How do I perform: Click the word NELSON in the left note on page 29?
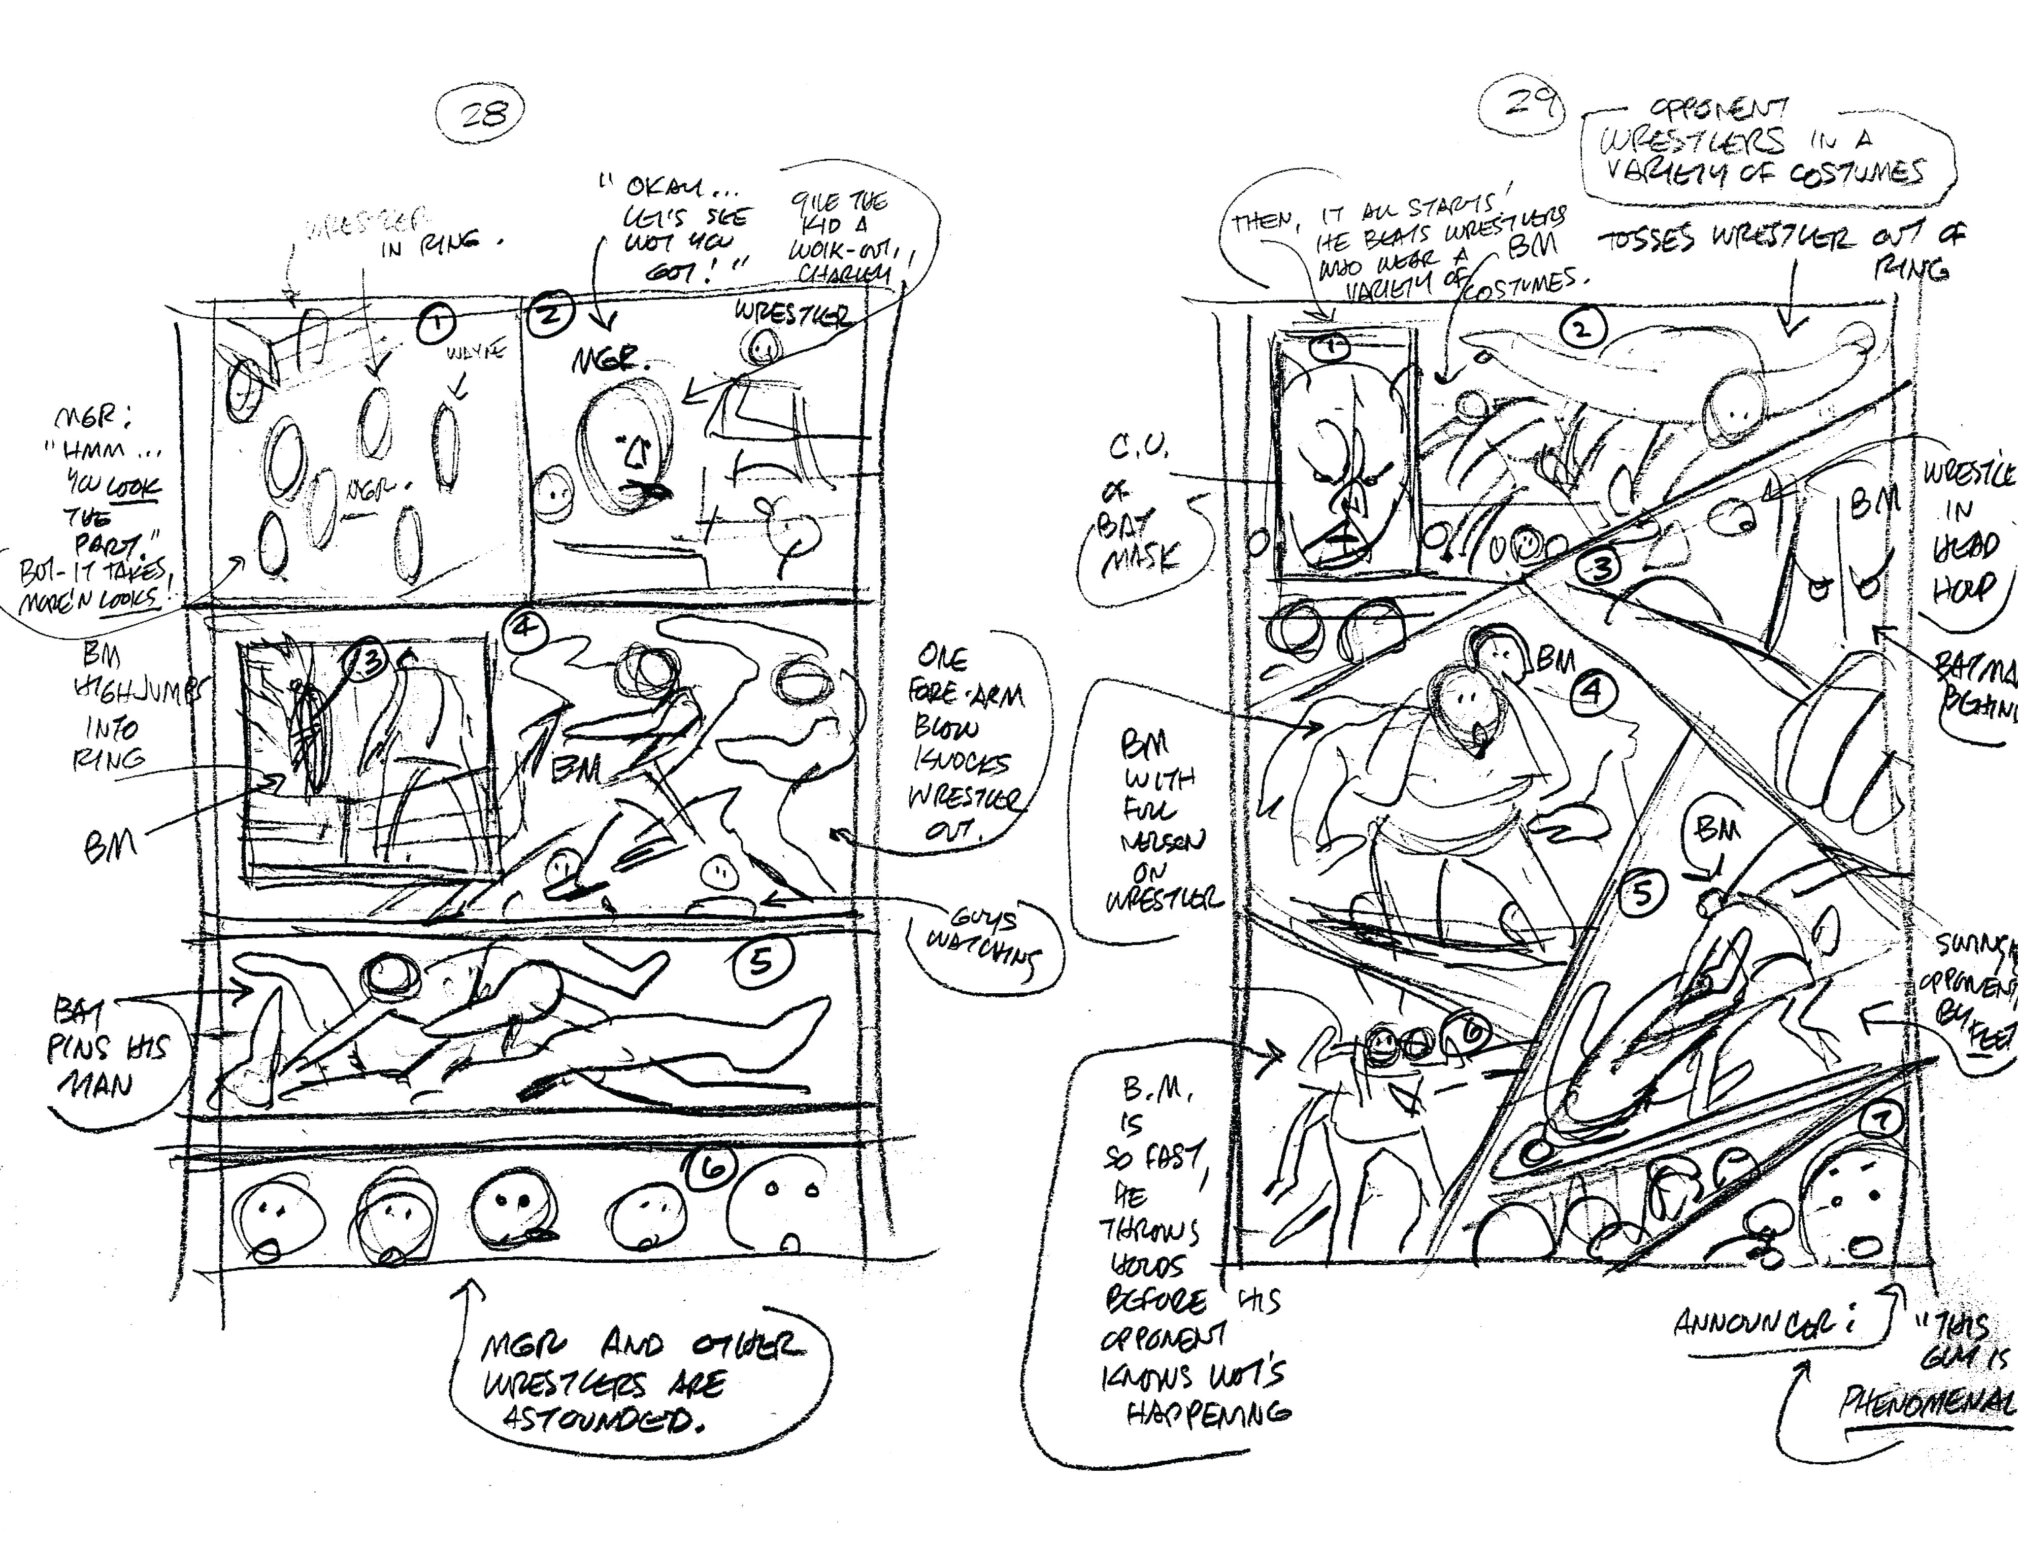point(1152,842)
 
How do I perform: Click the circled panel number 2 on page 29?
point(1582,329)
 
